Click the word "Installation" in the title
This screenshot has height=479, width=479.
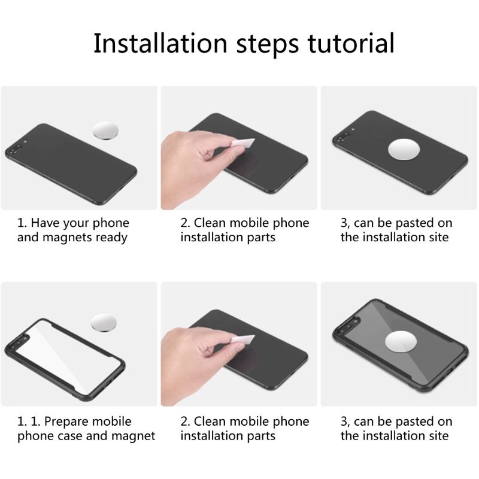[160, 43]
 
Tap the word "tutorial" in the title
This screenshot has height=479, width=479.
[351, 43]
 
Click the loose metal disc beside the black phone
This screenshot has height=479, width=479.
[105, 131]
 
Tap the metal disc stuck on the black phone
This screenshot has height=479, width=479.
[404, 150]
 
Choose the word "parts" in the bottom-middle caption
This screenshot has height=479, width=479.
[261, 436]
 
